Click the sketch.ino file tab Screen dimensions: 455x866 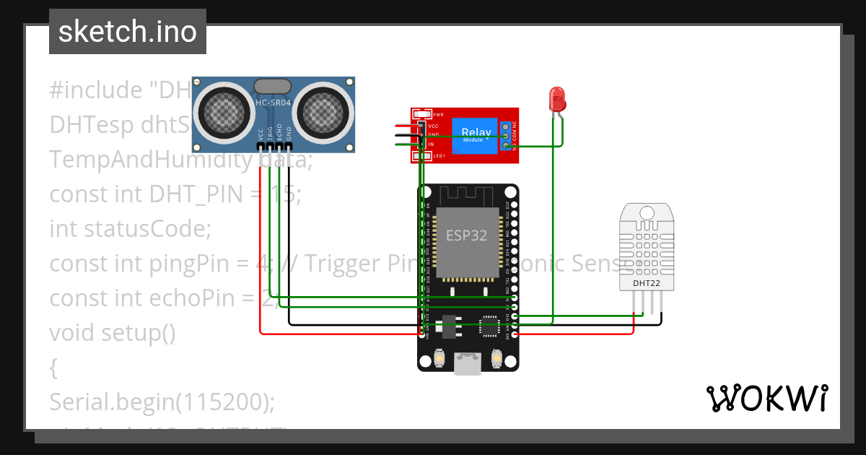(128, 32)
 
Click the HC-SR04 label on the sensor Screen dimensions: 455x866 (273, 103)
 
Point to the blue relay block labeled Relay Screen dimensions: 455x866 (476, 134)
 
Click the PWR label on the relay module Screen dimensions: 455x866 (438, 115)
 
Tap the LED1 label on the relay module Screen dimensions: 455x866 (438, 156)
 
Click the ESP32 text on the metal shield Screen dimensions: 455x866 (466, 236)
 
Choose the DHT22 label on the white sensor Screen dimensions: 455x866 (647, 283)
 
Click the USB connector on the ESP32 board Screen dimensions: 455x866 (468, 363)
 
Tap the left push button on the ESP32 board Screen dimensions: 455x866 (439, 357)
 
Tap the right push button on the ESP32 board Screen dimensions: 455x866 (497, 357)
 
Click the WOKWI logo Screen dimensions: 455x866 (766, 398)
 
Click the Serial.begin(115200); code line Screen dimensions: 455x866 (162, 402)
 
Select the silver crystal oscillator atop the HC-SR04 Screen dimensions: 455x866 (273, 85)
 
